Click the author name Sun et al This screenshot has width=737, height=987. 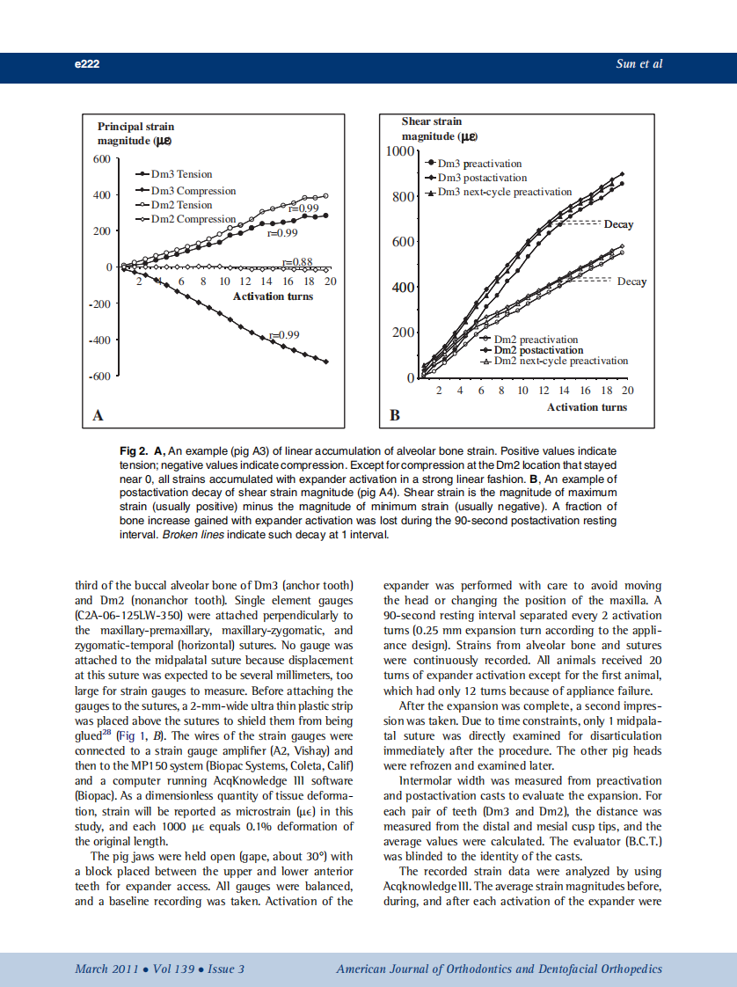tap(639, 64)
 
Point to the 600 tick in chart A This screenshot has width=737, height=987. tap(102, 159)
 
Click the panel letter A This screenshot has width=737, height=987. tap(98, 414)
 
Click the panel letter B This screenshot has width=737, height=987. tap(395, 414)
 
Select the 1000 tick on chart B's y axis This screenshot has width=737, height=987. tap(402, 151)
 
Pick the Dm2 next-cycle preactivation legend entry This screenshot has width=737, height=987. tap(561, 361)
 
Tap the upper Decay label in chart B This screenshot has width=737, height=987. tap(618, 224)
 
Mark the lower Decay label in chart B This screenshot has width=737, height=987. tap(631, 281)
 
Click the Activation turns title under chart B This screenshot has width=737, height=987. tap(587, 407)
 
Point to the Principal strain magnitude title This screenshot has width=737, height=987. tap(135, 134)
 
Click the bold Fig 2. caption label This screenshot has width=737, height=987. tap(135, 450)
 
